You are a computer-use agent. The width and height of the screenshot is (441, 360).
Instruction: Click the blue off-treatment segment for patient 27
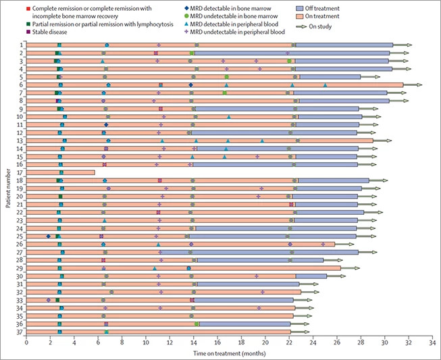(270, 252)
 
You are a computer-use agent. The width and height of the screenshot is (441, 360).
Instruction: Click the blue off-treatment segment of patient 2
(290, 53)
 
